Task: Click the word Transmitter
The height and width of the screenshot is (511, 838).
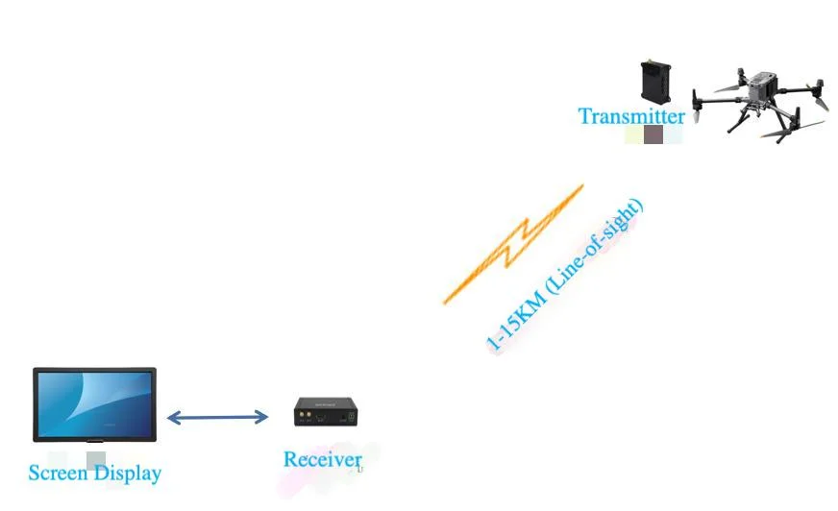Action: pos(630,116)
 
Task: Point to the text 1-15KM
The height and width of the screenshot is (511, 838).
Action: pos(513,322)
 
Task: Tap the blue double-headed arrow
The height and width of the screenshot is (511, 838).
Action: pos(217,417)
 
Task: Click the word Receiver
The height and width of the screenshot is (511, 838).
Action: pos(322,460)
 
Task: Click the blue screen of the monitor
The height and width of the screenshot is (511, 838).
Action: pos(94,403)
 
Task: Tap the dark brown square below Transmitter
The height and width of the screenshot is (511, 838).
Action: pos(653,135)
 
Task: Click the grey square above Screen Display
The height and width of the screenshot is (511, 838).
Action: pos(95,460)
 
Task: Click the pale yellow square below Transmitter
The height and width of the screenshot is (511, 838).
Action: pos(633,135)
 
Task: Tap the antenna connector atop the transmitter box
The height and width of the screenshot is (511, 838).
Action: pos(651,63)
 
